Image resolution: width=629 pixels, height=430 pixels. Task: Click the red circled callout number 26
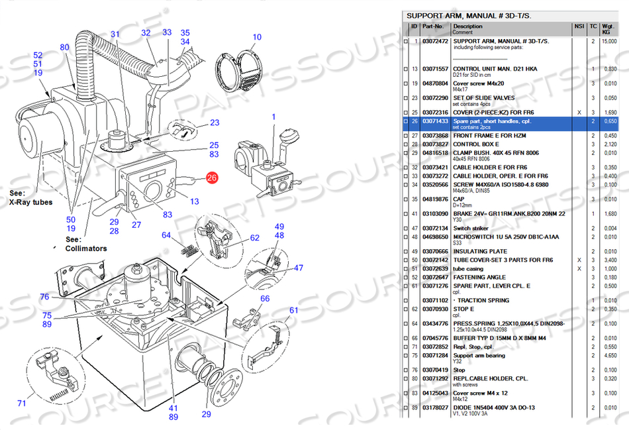(211, 178)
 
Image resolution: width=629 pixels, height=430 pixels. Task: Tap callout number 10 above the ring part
(257, 37)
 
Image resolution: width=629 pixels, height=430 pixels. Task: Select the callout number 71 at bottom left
(21, 402)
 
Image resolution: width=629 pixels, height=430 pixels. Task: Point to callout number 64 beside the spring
(166, 235)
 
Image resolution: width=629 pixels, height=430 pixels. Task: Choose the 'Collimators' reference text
(85, 248)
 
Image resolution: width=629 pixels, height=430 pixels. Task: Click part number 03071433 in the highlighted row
(435, 121)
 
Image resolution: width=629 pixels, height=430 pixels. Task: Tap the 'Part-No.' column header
(433, 27)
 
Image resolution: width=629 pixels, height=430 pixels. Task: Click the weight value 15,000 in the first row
(609, 41)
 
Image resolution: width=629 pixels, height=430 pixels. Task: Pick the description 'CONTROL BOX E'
(475, 144)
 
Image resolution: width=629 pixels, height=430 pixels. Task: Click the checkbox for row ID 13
(406, 69)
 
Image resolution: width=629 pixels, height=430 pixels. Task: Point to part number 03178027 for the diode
(435, 407)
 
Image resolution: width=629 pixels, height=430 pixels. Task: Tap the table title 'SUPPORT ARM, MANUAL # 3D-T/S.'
(469, 15)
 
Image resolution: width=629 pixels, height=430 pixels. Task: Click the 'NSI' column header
(578, 27)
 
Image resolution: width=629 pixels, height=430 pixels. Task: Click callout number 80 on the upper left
(64, 47)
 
